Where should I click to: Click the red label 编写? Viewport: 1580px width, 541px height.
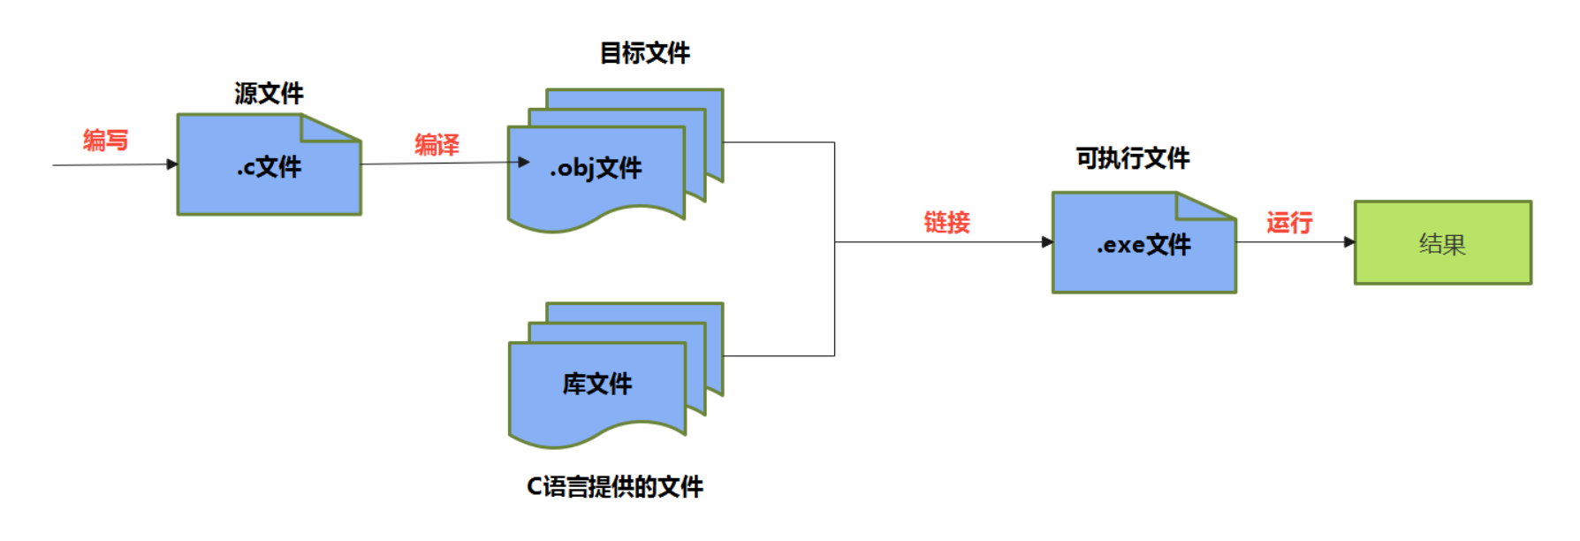pyautogui.click(x=105, y=141)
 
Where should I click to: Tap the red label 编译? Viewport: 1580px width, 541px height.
pyautogui.click(x=437, y=145)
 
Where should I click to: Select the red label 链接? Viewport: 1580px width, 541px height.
pyautogui.click(x=946, y=222)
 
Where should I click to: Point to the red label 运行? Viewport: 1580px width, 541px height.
pyautogui.click(x=1288, y=223)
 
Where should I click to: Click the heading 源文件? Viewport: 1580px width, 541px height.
pyautogui.click(x=269, y=94)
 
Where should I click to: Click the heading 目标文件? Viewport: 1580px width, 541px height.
pyautogui.click(x=644, y=53)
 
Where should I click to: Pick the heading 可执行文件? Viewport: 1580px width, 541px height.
pyautogui.click(x=1132, y=158)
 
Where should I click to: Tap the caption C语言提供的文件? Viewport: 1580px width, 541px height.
pyautogui.click(x=614, y=486)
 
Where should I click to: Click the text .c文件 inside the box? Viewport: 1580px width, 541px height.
pyautogui.click(x=269, y=167)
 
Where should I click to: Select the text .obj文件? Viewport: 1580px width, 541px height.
pyautogui.click(x=596, y=168)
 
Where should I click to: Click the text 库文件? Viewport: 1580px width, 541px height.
pyautogui.click(x=597, y=384)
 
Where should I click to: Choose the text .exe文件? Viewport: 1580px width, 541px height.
pyautogui.click(x=1143, y=245)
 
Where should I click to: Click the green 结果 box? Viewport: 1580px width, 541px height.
pyautogui.click(x=1442, y=243)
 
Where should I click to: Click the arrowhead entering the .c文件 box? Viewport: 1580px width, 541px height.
pyautogui.click(x=172, y=164)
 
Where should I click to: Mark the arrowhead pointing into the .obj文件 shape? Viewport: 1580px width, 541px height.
pyautogui.click(x=523, y=162)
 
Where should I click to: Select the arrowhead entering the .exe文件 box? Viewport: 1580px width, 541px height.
pyautogui.click(x=1047, y=242)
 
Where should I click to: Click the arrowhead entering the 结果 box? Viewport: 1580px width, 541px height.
pyautogui.click(x=1349, y=242)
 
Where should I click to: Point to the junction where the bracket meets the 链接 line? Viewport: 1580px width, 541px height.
pyautogui.click(x=835, y=242)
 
